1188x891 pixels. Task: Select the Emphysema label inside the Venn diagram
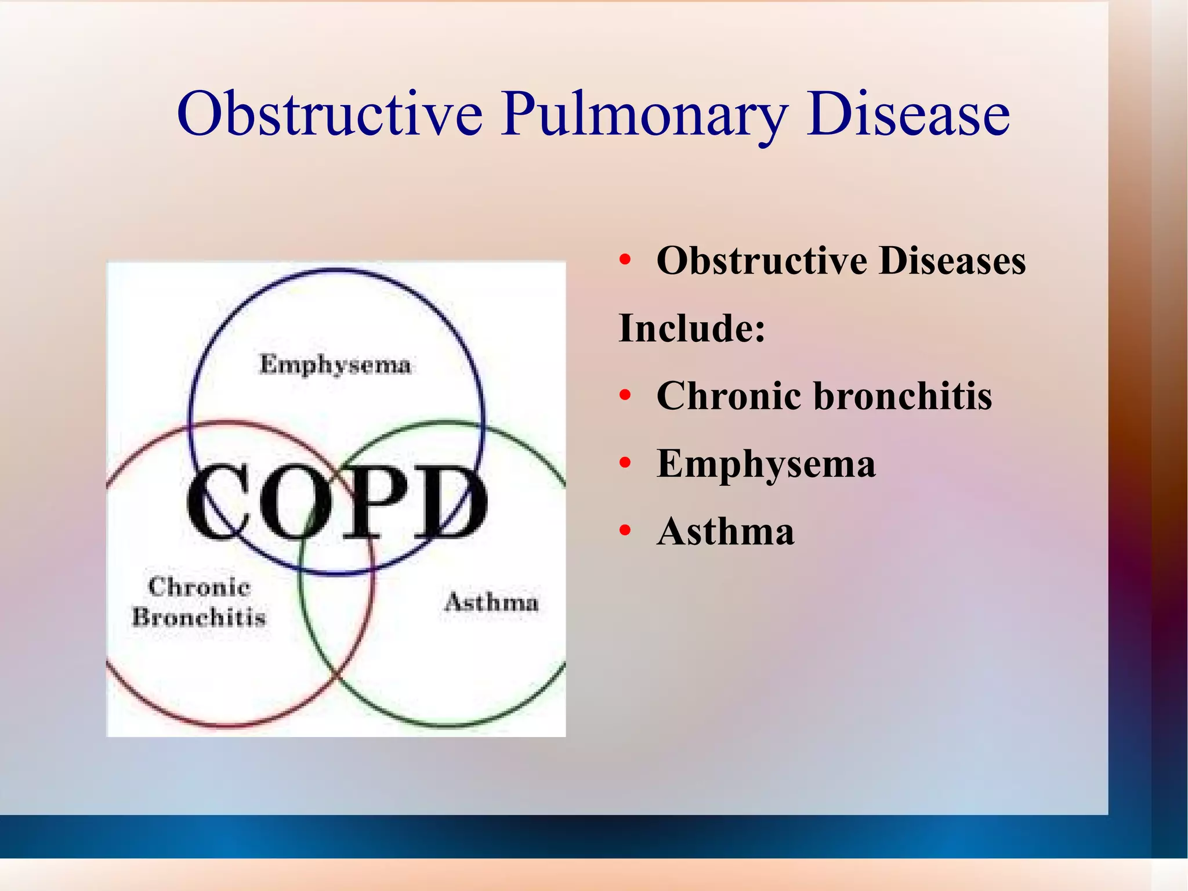tap(335, 365)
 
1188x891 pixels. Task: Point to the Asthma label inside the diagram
tap(491, 602)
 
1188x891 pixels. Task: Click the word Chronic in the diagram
tap(200, 587)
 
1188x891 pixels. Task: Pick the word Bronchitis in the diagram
tap(199, 617)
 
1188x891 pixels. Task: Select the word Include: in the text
tap(692, 329)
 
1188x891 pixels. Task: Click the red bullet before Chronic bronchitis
tap(625, 396)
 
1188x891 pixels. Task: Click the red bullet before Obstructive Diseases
tap(625, 261)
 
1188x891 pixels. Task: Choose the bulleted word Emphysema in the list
tap(766, 464)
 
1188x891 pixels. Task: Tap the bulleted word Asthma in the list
tap(725, 531)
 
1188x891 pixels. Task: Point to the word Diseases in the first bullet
tap(952, 261)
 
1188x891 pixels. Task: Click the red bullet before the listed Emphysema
tap(625, 463)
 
